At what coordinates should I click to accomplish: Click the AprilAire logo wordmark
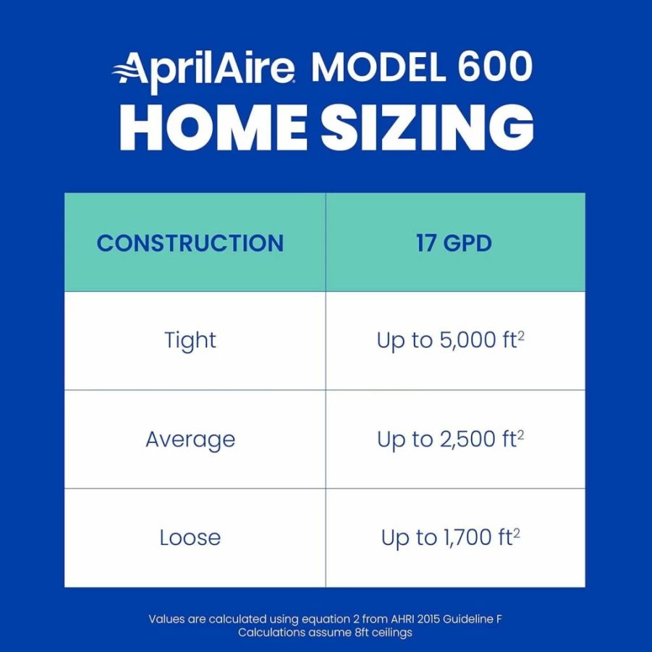click(204, 71)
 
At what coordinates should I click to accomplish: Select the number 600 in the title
click(495, 67)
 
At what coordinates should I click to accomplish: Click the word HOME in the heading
click(213, 127)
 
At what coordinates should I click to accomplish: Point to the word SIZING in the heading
click(427, 127)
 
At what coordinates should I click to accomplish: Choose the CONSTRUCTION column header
click(190, 243)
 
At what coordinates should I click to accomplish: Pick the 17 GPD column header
click(454, 243)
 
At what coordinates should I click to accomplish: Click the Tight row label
click(190, 341)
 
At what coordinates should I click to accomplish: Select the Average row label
click(190, 440)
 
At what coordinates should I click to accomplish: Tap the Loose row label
click(190, 538)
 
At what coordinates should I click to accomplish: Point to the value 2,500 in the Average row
click(467, 439)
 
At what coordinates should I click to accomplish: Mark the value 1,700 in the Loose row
click(468, 537)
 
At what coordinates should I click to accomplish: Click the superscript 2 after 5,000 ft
click(521, 335)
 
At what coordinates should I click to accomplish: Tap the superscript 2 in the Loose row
click(517, 533)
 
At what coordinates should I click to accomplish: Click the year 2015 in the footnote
click(428, 619)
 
